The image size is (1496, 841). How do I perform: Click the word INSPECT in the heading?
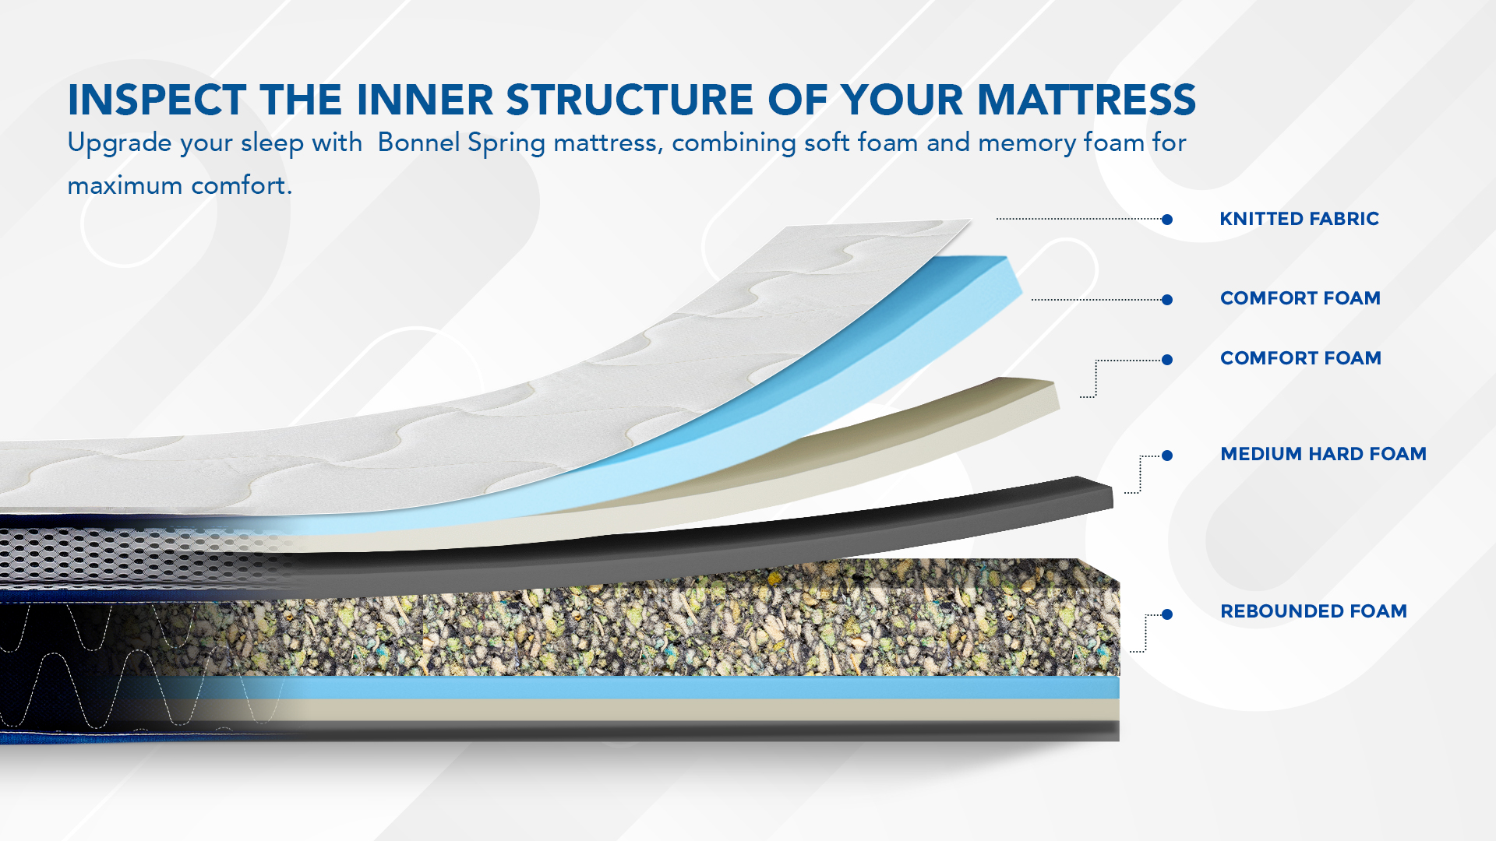[157, 100]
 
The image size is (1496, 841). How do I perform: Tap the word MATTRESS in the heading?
[1086, 100]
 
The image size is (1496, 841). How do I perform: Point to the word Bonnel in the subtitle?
[418, 143]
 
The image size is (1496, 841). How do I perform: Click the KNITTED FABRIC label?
[1300, 219]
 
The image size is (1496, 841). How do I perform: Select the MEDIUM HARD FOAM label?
[1323, 454]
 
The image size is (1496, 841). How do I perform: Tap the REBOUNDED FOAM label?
[1314, 611]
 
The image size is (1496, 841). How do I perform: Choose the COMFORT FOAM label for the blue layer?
[1300, 298]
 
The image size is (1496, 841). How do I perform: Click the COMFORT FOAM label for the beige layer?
[1300, 358]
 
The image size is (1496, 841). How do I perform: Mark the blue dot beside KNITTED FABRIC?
[1167, 220]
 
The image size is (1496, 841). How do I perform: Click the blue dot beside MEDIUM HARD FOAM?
[1167, 456]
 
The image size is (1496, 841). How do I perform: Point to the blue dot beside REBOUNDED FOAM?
[1167, 614]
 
